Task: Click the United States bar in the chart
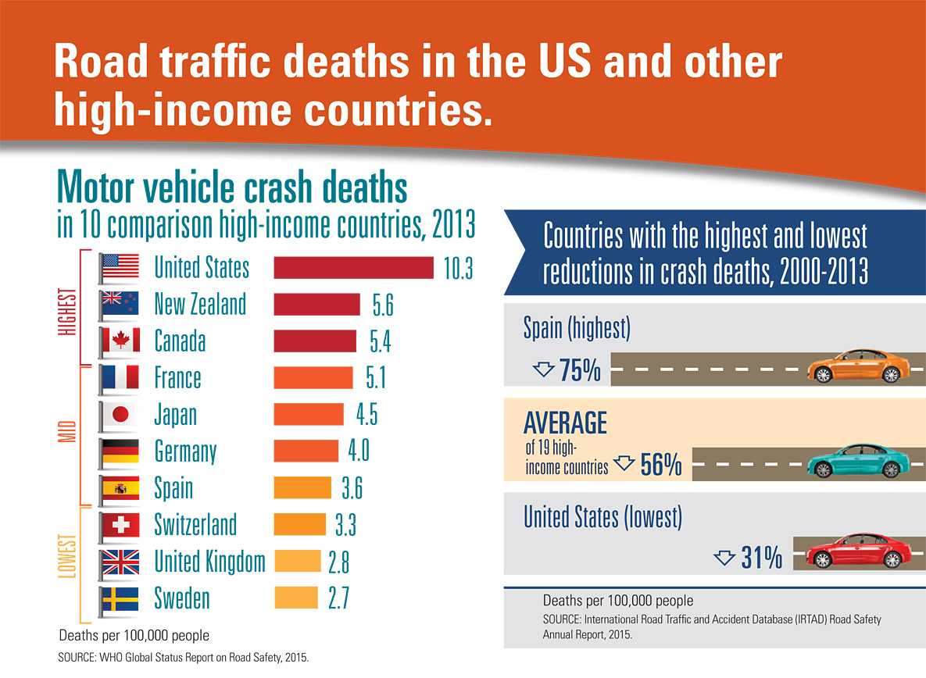click(x=353, y=266)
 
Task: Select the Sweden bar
click(x=296, y=598)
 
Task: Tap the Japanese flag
click(x=120, y=415)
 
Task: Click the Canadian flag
click(x=120, y=341)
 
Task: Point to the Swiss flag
click(x=120, y=525)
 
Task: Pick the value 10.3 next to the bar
click(x=458, y=267)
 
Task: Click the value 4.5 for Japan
click(x=366, y=415)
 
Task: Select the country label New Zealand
click(x=200, y=304)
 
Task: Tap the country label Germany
click(x=185, y=451)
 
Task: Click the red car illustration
click(x=857, y=551)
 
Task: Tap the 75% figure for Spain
click(x=580, y=370)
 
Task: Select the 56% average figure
click(x=661, y=466)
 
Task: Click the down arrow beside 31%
click(x=724, y=557)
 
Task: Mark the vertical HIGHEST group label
click(x=68, y=312)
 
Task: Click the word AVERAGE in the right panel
click(x=565, y=423)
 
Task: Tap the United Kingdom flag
click(x=120, y=562)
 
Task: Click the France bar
click(x=313, y=378)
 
